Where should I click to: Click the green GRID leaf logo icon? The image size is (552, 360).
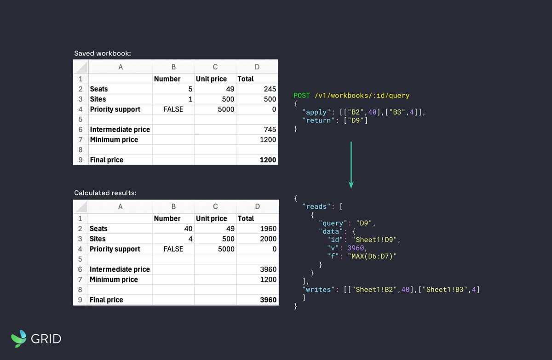[x=19, y=338]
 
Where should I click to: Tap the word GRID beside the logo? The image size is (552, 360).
[x=46, y=339]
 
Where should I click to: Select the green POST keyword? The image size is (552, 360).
[x=302, y=96]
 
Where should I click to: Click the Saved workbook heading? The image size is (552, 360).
[x=103, y=53]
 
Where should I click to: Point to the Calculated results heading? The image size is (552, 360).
[x=105, y=193]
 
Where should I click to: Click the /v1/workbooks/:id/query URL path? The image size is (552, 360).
[x=362, y=96]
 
